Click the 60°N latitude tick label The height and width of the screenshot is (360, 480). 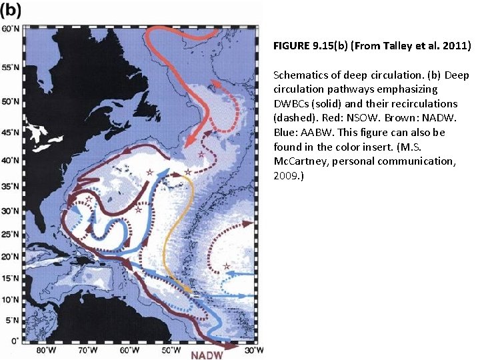click(x=11, y=29)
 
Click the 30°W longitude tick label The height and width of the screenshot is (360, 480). click(x=255, y=350)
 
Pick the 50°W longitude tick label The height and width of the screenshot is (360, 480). click(x=171, y=350)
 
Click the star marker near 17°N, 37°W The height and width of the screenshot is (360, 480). click(x=227, y=267)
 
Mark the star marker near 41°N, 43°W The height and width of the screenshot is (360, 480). click(x=202, y=155)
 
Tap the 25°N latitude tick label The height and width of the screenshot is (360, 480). click(x=11, y=233)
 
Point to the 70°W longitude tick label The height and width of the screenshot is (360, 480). click(x=88, y=350)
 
